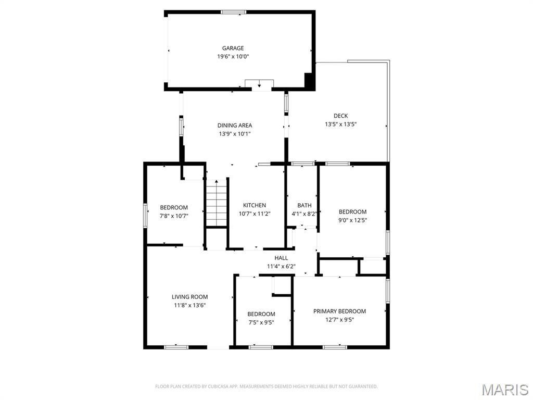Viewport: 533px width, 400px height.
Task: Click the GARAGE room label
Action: click(x=233, y=48)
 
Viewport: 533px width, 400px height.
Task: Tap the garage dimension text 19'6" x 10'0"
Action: click(x=233, y=57)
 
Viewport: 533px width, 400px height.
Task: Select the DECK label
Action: click(x=340, y=116)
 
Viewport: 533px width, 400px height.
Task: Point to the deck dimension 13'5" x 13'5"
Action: click(x=340, y=124)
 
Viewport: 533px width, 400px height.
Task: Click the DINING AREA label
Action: click(x=235, y=126)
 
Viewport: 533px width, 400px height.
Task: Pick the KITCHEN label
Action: click(x=255, y=205)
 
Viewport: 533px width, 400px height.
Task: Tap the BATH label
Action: click(x=304, y=205)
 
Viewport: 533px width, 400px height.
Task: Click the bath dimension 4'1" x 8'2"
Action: click(x=304, y=214)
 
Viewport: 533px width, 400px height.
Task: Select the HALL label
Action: click(x=281, y=258)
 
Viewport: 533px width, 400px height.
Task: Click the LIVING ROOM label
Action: click(x=189, y=297)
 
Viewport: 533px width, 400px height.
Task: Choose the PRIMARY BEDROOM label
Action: click(x=339, y=311)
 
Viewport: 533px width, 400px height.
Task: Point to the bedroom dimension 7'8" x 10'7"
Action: click(x=174, y=216)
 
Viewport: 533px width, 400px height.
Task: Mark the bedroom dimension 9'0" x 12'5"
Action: click(x=352, y=220)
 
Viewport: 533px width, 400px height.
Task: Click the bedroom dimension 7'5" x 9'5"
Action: click(x=261, y=322)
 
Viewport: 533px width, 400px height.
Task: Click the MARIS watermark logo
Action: click(x=505, y=390)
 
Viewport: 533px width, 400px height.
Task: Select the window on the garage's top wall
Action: click(x=233, y=12)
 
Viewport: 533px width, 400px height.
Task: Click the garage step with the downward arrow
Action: click(x=259, y=84)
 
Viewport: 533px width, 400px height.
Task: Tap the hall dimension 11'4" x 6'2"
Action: click(x=281, y=266)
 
